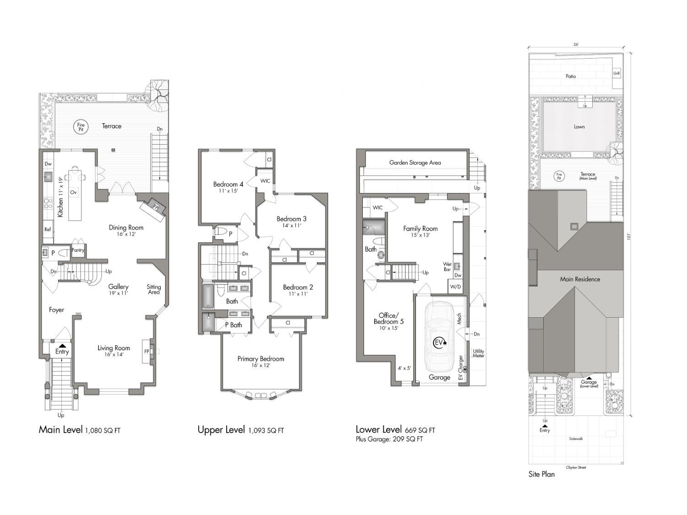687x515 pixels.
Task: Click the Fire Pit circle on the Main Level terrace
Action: pos(81,127)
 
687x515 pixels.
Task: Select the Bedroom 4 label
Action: pos(228,184)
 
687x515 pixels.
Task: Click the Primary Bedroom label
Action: pos(261,359)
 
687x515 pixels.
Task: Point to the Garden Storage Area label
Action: pos(415,163)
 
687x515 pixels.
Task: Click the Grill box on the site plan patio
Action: pos(616,73)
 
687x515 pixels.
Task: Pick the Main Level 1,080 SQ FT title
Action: pos(79,430)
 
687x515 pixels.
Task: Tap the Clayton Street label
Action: pos(576,467)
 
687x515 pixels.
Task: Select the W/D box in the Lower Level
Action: pos(455,287)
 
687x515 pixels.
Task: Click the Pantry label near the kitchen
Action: pos(78,250)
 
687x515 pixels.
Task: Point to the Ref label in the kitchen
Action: pos(48,229)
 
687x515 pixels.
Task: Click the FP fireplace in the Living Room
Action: pos(147,352)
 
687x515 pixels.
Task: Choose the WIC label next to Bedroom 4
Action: pos(265,181)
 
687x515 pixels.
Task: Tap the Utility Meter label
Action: pos(478,353)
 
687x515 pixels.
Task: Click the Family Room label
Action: pos(420,228)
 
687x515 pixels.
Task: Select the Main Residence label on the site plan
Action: pos(580,279)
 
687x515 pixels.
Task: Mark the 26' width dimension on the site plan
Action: pos(576,45)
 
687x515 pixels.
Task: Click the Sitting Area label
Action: pos(154,289)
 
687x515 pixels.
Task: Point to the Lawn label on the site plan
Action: pos(579,127)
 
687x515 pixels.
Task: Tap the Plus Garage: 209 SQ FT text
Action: pos(389,439)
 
